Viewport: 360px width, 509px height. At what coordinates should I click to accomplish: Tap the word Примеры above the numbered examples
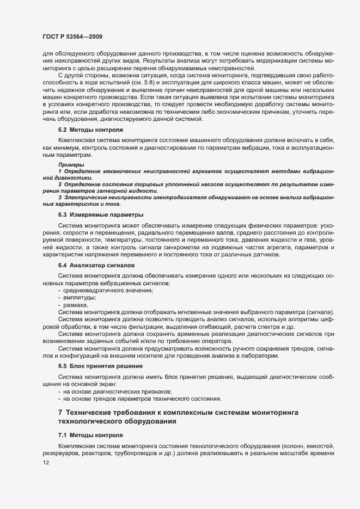pos(71,164)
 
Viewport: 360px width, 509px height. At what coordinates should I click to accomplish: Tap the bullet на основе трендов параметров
pos(134,398)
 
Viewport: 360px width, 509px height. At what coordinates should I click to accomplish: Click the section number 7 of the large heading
pos(60,413)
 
